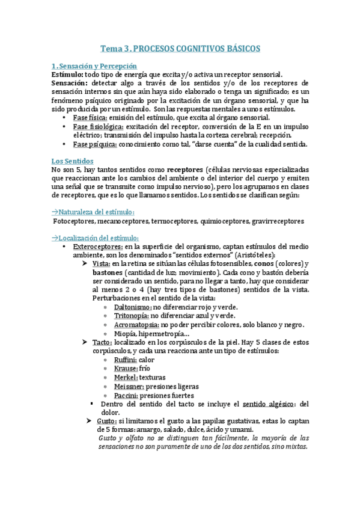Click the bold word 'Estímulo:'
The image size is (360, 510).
pos(68,74)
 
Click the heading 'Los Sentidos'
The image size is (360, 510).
pos(72,161)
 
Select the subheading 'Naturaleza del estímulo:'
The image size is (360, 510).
pos(94,212)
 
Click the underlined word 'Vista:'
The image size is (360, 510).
pos(102,264)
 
